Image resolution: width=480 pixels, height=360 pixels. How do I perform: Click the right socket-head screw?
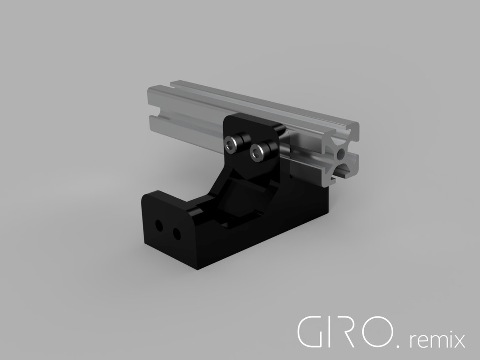[257, 152]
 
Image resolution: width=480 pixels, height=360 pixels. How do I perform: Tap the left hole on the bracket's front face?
[159, 226]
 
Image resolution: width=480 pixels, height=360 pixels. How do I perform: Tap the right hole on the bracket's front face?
[176, 233]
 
